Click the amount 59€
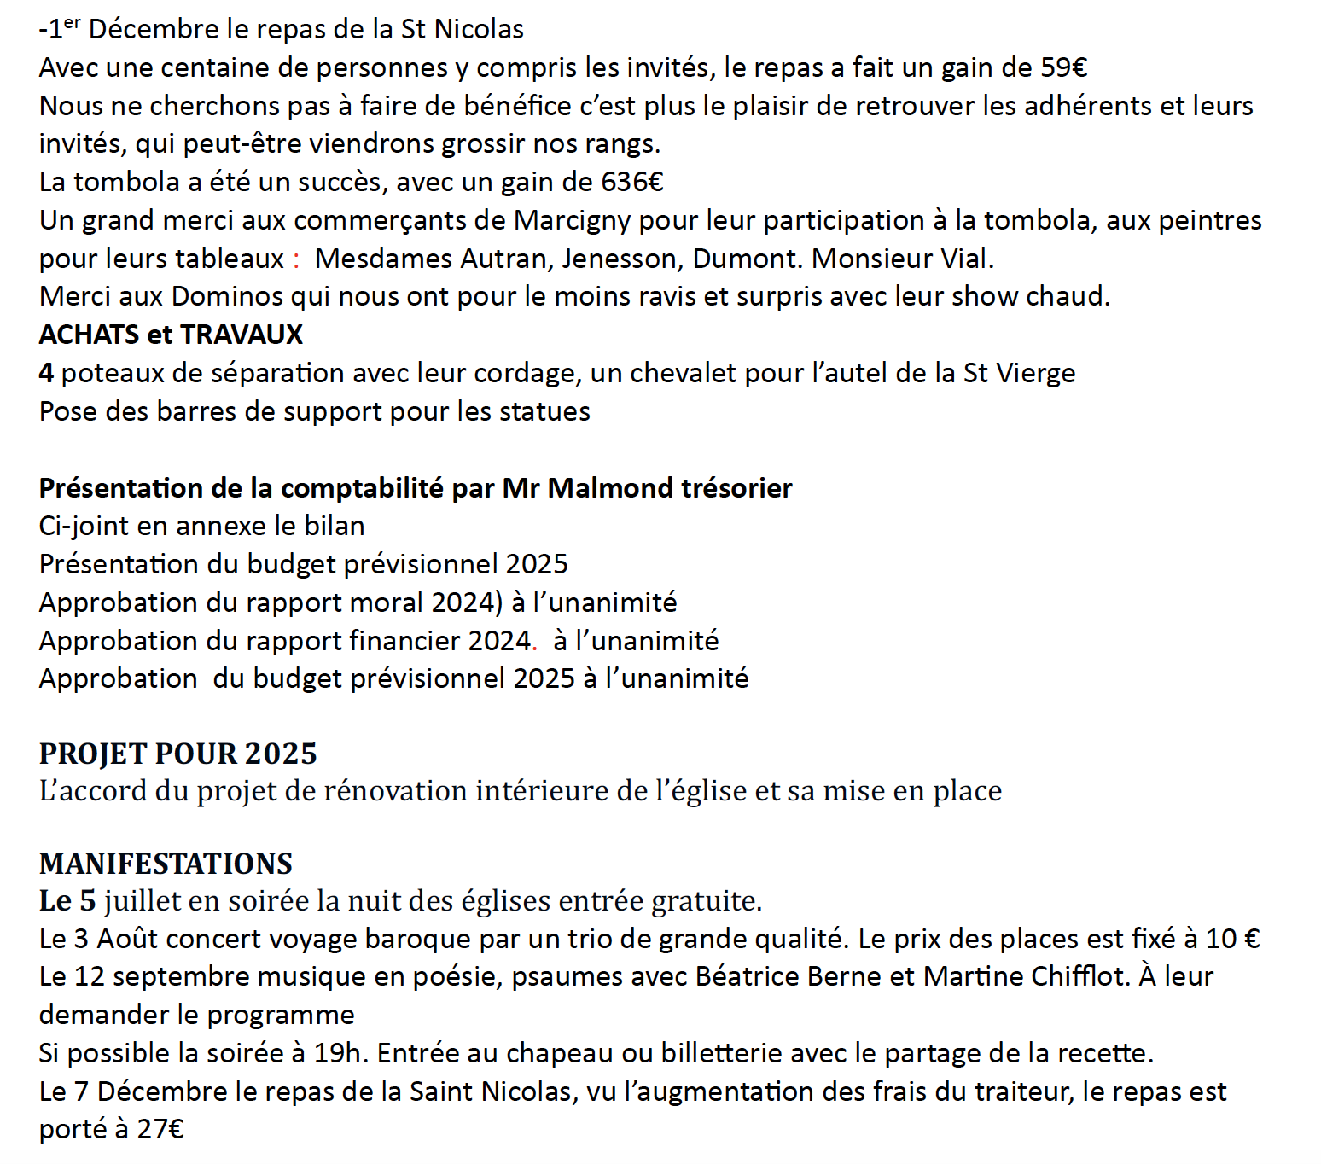(x=1063, y=67)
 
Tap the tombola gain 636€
(x=632, y=182)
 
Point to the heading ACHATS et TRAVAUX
(x=171, y=335)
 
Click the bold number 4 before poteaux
(x=46, y=373)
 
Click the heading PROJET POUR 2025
(x=177, y=754)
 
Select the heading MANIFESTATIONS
(x=166, y=864)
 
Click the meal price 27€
(x=160, y=1129)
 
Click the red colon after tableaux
(x=296, y=259)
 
